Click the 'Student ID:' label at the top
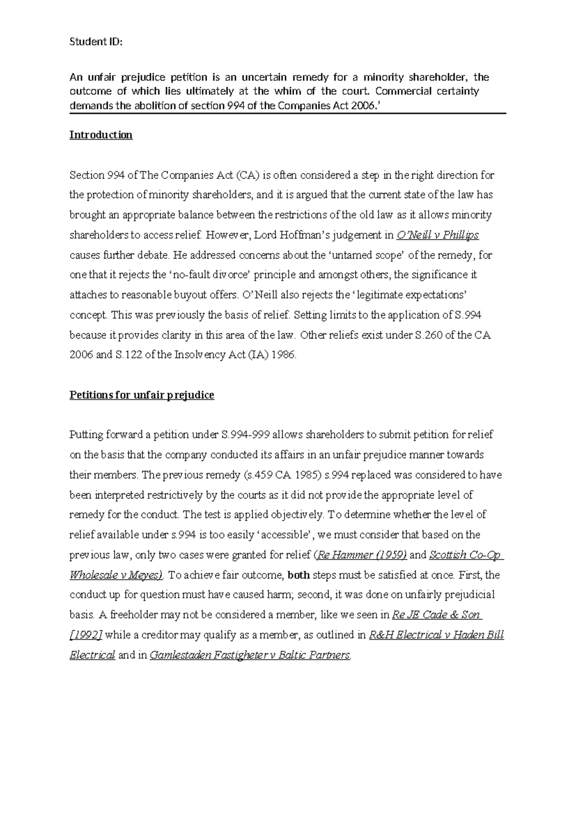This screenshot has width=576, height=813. [x=96, y=42]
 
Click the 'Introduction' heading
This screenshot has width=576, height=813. [x=101, y=135]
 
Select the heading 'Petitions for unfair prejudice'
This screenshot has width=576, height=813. [x=142, y=395]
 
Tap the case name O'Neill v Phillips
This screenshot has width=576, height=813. [x=438, y=235]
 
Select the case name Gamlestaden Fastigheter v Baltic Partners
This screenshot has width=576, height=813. [x=250, y=655]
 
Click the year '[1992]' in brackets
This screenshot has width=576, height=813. [x=85, y=635]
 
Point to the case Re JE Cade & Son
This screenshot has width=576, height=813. [x=437, y=615]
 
